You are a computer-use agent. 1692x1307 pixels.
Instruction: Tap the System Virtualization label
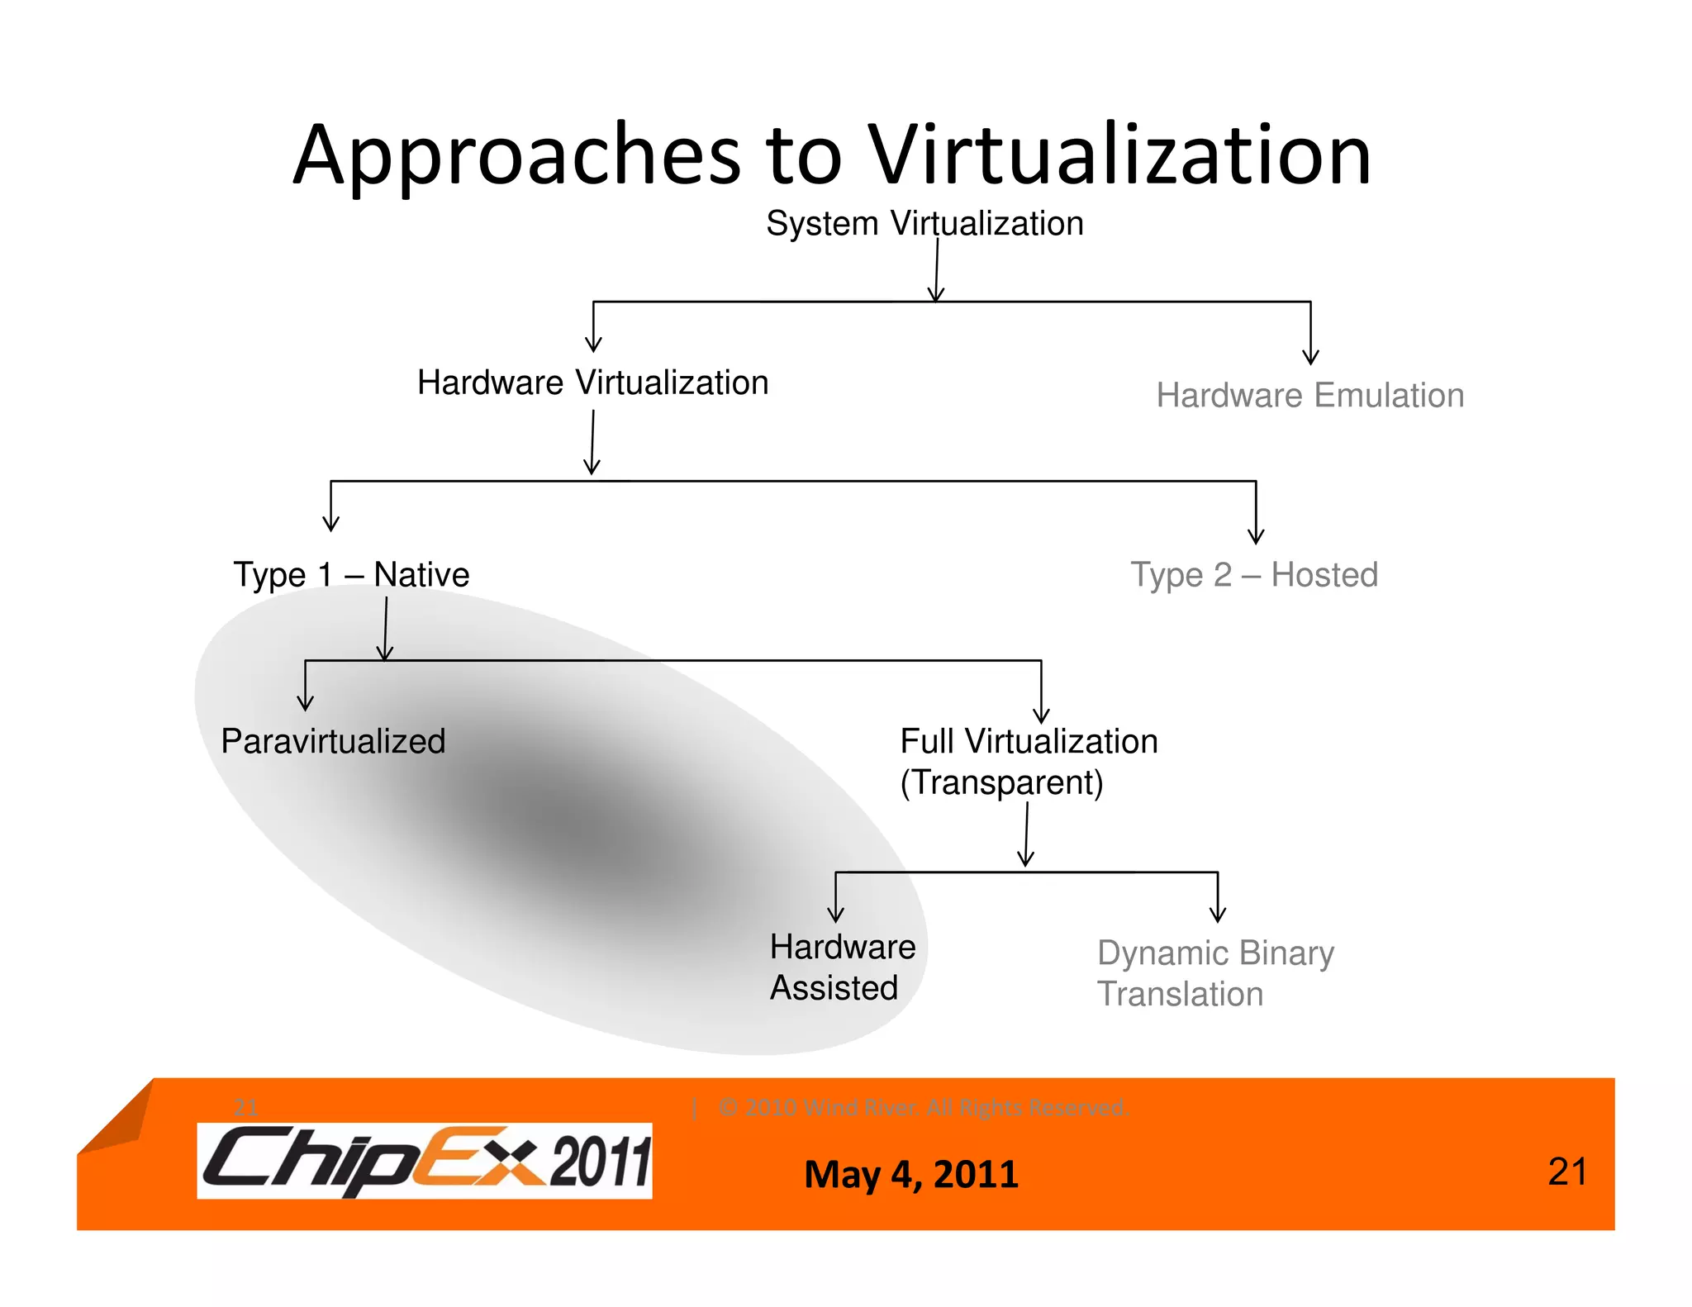tap(924, 223)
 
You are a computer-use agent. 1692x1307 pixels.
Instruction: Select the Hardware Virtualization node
tap(592, 383)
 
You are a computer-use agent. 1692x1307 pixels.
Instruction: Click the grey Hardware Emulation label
tap(1309, 396)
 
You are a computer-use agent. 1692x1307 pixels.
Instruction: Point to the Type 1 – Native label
tap(351, 574)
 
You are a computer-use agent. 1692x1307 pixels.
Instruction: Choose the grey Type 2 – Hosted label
tap(1254, 574)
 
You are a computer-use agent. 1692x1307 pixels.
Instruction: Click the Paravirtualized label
tap(333, 741)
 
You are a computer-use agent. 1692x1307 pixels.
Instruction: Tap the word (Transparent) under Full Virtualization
tap(1001, 782)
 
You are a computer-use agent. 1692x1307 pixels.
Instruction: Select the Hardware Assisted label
tap(842, 967)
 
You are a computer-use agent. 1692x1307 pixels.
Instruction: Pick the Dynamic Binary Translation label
tap(1214, 972)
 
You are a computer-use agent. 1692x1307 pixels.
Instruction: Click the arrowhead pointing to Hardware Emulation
tap(1310, 357)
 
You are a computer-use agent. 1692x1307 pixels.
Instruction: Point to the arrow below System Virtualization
tap(936, 273)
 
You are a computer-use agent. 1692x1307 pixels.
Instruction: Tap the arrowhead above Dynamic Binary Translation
tap(1217, 914)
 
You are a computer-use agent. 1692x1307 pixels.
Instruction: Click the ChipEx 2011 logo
tap(425, 1161)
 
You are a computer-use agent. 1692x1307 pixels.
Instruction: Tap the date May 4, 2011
tap(911, 1174)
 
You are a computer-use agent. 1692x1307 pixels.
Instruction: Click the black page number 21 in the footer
tap(1566, 1172)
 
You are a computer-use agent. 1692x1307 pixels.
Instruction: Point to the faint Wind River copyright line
tap(923, 1107)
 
